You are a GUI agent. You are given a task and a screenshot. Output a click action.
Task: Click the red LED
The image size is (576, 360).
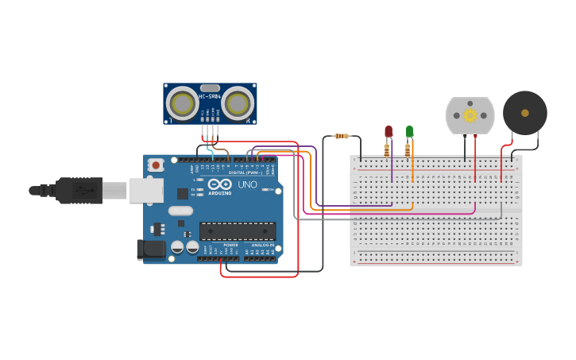(x=389, y=131)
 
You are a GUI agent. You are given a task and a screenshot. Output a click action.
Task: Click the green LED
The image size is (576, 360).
(x=409, y=130)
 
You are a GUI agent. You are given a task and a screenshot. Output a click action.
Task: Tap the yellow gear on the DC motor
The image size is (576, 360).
(x=470, y=116)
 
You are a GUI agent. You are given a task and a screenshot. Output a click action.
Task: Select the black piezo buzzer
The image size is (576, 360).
(x=524, y=113)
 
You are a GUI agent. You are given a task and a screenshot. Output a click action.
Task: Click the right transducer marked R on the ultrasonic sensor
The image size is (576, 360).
(x=238, y=103)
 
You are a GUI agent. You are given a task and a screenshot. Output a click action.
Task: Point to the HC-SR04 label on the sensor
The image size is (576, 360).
(x=210, y=97)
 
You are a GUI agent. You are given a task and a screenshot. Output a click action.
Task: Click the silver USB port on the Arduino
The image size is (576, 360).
(x=146, y=190)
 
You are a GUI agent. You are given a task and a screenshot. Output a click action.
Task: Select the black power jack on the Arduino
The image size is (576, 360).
(x=151, y=250)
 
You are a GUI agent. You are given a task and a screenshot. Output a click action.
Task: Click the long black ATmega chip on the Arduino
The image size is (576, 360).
(x=238, y=231)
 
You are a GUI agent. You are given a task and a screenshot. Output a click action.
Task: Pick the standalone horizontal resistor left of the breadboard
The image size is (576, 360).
(x=341, y=136)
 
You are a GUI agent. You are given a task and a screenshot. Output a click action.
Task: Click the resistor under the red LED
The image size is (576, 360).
(x=387, y=149)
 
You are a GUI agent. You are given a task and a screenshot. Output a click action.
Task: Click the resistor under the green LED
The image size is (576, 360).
(x=408, y=149)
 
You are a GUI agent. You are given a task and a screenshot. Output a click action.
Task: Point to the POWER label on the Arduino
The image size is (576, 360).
(x=230, y=246)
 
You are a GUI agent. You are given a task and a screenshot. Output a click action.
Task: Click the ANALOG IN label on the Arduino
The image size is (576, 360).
(x=262, y=246)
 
